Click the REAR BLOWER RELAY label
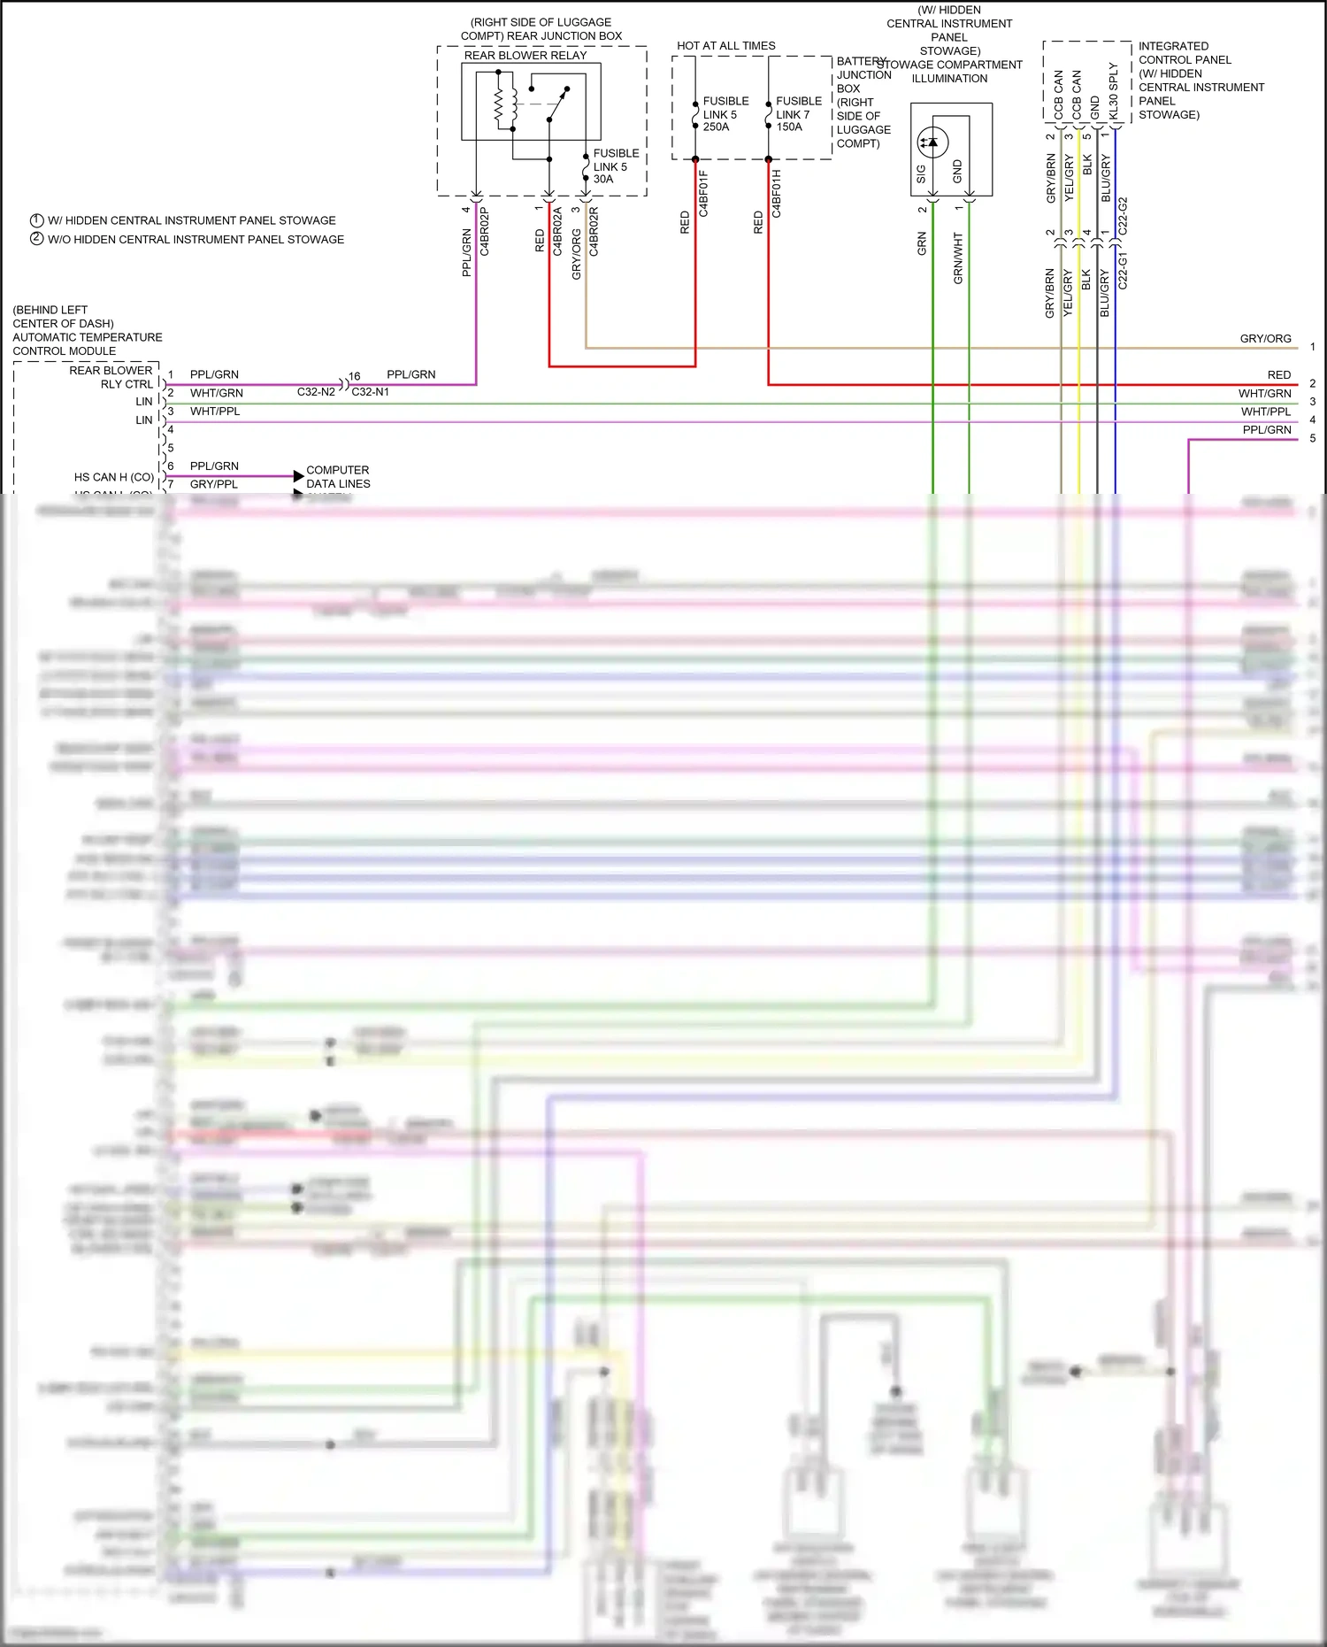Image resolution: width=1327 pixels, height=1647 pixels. point(525,55)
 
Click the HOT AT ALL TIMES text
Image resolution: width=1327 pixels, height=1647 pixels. point(725,46)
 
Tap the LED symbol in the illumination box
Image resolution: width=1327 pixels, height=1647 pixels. point(932,142)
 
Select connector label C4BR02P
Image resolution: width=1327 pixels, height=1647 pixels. point(484,232)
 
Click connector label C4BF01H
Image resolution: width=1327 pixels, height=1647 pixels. point(776,194)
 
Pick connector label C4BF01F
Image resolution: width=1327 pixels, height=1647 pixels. point(703,194)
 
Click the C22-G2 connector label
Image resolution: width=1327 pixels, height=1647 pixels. point(1123,216)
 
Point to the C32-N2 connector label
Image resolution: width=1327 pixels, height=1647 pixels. point(316,392)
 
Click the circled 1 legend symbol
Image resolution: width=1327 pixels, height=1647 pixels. point(37,220)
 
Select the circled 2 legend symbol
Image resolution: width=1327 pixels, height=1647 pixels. point(37,239)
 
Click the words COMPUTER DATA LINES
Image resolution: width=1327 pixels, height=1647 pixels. point(338,477)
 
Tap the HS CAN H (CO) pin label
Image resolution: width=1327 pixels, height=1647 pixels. point(113,477)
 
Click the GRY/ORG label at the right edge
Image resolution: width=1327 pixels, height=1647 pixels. point(1265,339)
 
